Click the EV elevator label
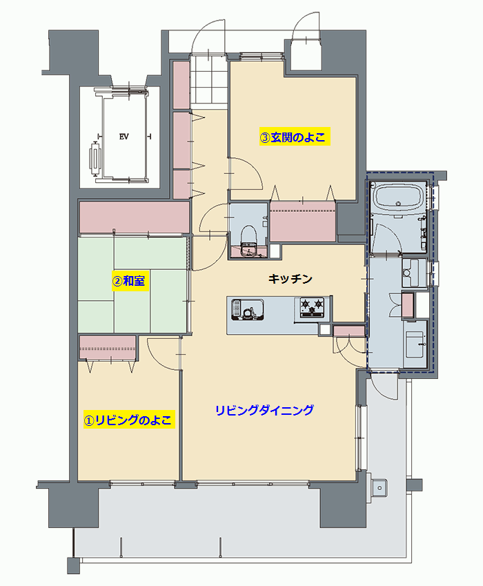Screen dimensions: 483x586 pyautogui.click(x=124, y=137)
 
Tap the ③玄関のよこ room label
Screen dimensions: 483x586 pyautogui.click(x=295, y=137)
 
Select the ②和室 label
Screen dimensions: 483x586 pyautogui.click(x=130, y=281)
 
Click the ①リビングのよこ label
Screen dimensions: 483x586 pyautogui.click(x=129, y=420)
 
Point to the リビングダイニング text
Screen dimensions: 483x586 pyautogui.click(x=264, y=410)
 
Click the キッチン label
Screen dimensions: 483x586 pyautogui.click(x=290, y=279)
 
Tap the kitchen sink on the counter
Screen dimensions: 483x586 pyautogui.click(x=248, y=309)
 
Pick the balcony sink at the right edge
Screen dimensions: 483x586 pyautogui.click(x=378, y=488)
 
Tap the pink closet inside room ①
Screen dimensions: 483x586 pyautogui.click(x=108, y=348)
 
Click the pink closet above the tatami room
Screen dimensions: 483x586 pyautogui.click(x=135, y=217)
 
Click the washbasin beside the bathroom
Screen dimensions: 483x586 pyautogui.click(x=414, y=273)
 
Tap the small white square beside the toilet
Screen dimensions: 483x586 pyautogui.click(x=275, y=251)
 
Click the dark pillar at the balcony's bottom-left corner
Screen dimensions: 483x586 pyautogui.click(x=74, y=565)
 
